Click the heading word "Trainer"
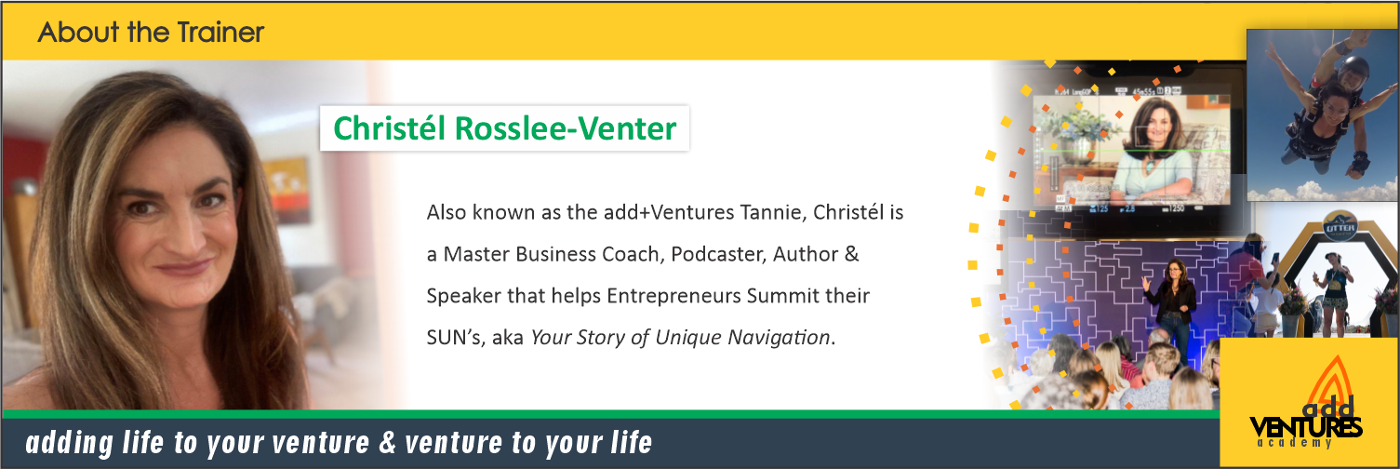click(220, 32)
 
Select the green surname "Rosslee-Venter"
click(565, 128)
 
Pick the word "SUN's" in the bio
click(454, 338)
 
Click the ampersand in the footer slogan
click(388, 443)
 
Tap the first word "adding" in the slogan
click(70, 443)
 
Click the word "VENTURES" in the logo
click(1305, 428)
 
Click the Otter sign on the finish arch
click(1340, 226)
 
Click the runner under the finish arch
click(1334, 288)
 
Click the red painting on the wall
click(287, 184)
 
